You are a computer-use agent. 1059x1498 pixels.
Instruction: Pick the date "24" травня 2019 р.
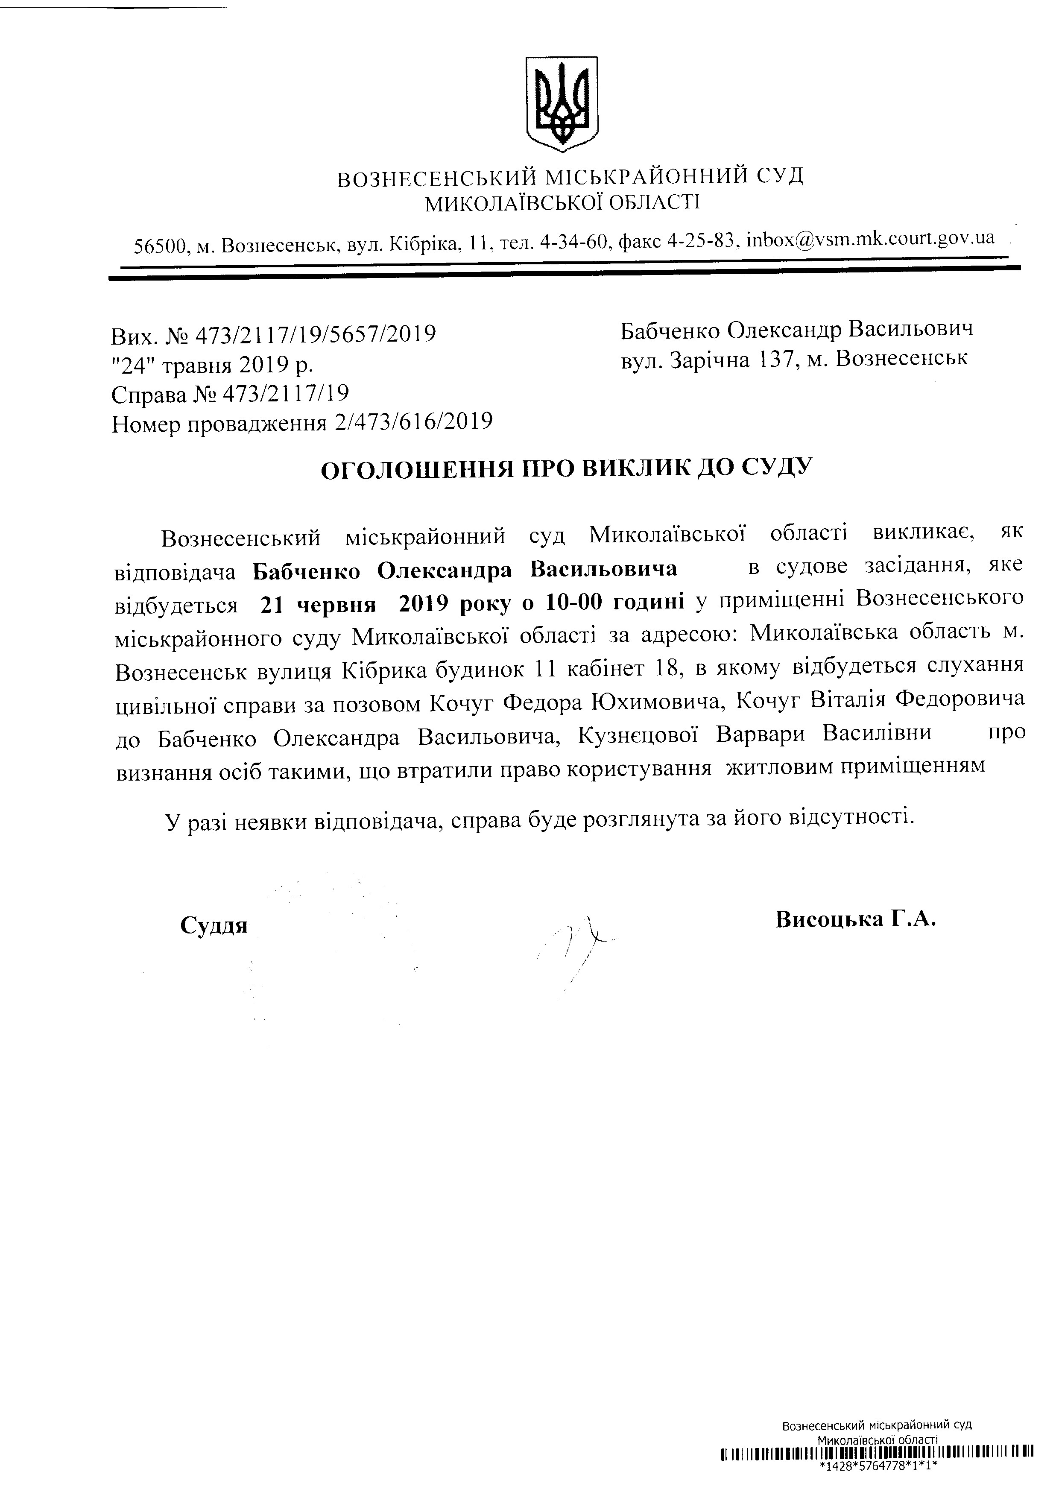point(212,365)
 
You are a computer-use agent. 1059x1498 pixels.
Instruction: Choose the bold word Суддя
point(214,926)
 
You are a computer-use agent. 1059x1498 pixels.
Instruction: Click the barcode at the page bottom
point(878,1472)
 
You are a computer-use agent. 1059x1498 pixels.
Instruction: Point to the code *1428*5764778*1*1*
point(878,1486)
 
